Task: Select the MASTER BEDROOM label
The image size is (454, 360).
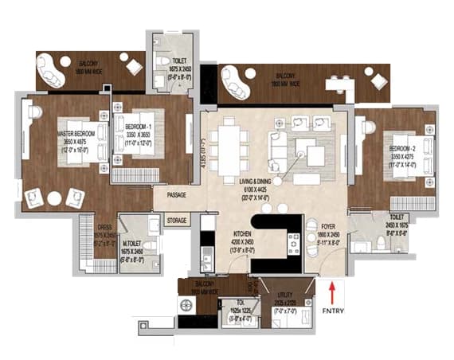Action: [76, 134]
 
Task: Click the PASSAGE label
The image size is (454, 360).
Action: [177, 194]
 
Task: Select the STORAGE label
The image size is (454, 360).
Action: [177, 220]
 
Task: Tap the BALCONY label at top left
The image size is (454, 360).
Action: [88, 62]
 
